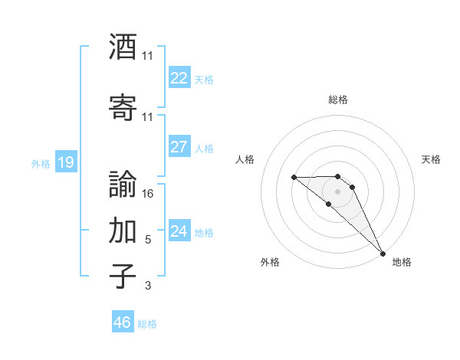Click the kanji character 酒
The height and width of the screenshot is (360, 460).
click(x=123, y=47)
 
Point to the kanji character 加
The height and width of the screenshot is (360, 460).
click(x=123, y=229)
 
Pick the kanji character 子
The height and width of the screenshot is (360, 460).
click(x=123, y=275)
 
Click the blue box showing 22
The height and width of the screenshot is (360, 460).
click(x=179, y=78)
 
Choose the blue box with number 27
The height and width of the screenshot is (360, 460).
click(x=179, y=147)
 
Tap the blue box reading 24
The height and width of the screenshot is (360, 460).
click(x=179, y=231)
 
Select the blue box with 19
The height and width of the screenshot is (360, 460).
click(x=65, y=162)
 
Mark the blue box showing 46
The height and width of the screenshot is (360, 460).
click(x=123, y=322)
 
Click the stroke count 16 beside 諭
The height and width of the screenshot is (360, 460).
click(x=149, y=193)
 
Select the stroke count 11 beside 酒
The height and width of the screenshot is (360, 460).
click(x=148, y=56)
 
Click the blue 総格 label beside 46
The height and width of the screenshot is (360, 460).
click(x=147, y=324)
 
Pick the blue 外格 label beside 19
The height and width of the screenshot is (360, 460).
click(x=41, y=163)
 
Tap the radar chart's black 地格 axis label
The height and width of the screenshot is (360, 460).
click(x=402, y=262)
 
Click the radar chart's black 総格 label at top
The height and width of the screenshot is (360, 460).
click(x=337, y=100)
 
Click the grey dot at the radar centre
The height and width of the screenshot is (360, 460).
click(x=337, y=191)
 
